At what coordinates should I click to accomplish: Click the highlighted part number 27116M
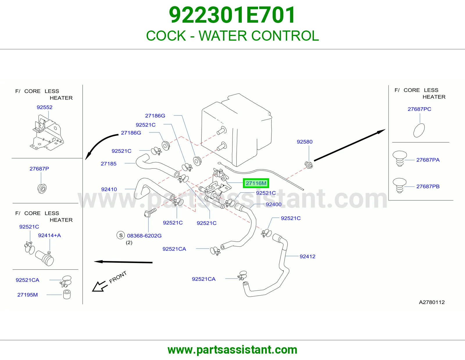tap(256, 183)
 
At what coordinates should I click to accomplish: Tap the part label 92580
tap(305, 142)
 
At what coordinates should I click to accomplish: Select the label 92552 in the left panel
tap(44, 107)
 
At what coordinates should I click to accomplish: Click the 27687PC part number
tap(419, 109)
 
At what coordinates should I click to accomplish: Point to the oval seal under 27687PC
tap(419, 130)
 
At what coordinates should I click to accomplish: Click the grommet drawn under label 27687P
tap(42, 188)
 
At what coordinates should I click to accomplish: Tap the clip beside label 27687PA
tap(400, 159)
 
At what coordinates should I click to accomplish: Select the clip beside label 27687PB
tap(400, 185)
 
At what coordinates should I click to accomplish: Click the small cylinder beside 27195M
tap(67, 295)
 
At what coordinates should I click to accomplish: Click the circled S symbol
tap(121, 235)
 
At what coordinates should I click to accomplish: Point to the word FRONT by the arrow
tap(118, 277)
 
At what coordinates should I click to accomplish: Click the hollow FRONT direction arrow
tap(99, 286)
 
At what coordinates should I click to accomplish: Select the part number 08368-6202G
tap(144, 236)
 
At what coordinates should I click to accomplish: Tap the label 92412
tap(307, 257)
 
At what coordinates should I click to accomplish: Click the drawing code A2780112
tap(432, 302)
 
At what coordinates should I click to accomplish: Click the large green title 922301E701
tap(232, 15)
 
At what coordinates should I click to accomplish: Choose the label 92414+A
tap(49, 235)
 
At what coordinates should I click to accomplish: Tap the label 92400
tap(274, 204)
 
